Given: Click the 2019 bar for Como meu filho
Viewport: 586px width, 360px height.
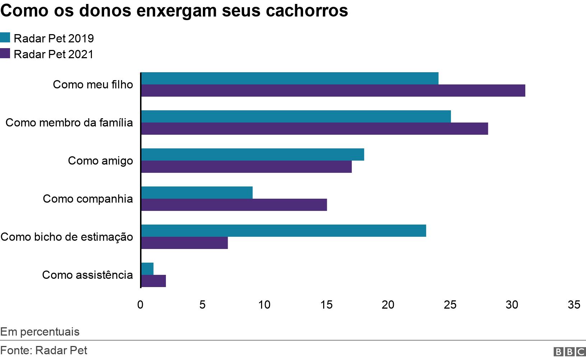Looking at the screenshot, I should pos(289,78).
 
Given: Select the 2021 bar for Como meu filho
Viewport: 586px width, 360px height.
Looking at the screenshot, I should pos(333,91).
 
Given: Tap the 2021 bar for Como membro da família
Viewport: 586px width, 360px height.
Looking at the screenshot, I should pos(314,129).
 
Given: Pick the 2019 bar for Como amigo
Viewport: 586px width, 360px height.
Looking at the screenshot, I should pos(252,154).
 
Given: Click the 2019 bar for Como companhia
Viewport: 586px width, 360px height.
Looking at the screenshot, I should pos(197,193).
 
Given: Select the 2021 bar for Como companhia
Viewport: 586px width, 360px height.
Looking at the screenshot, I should pos(234,205).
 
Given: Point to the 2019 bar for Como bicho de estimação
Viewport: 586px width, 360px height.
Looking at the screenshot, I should pos(283,231).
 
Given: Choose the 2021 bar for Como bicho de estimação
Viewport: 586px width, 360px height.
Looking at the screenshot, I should pos(184,243).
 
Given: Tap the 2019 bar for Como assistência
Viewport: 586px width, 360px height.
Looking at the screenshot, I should pos(147,269).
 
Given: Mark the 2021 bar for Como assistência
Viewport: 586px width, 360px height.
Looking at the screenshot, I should pos(153,281).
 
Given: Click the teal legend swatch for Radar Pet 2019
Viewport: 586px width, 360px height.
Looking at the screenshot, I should pos(5,38).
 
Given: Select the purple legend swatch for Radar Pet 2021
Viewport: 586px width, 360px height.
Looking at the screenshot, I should pos(5,54).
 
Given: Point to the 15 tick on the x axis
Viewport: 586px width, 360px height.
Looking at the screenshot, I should pos(326,305).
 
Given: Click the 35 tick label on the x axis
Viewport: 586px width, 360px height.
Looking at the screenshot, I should pos(574,305).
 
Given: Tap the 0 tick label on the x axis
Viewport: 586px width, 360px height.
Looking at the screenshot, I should pos(140,305).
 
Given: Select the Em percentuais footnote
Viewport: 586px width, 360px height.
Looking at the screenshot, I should pos(40,332).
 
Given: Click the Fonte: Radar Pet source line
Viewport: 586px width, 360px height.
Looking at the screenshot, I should pos(43,350).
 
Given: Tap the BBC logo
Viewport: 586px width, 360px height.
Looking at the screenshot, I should pos(569,352).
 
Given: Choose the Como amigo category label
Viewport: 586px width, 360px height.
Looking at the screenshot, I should pos(100,161).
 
